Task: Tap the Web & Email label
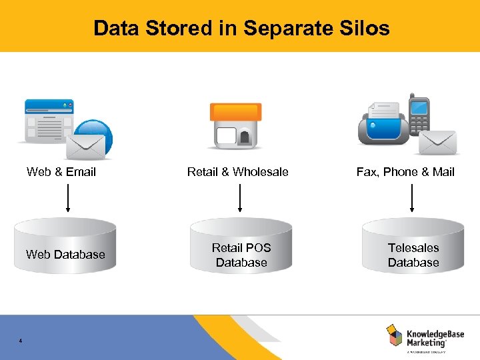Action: coord(61,172)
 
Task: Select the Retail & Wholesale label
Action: coord(238,172)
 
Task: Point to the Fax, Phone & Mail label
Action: coord(405,172)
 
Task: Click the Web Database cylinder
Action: coord(65,248)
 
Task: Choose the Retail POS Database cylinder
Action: coord(241,248)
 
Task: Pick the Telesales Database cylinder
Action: coord(413,248)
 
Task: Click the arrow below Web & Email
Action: coord(67,198)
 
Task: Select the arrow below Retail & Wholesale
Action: coord(239,198)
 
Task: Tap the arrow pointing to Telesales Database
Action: coord(412,198)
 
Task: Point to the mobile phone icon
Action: coord(419,115)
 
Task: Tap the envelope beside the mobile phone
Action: coord(438,141)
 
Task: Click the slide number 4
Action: coord(21,341)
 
